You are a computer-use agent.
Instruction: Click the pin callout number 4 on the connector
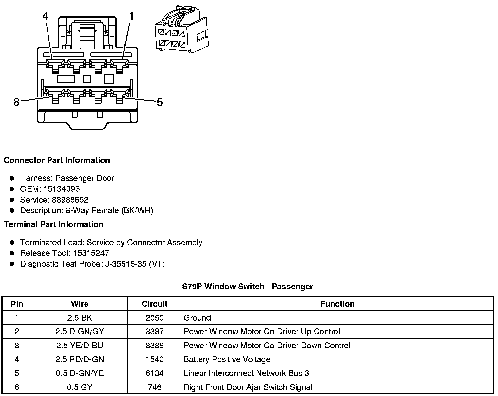[x=45, y=16]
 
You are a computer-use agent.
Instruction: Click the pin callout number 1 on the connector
[x=131, y=16]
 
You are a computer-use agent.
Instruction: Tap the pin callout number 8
[x=16, y=102]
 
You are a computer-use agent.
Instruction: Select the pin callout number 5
[x=160, y=102]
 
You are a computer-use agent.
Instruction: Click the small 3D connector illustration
[x=181, y=29]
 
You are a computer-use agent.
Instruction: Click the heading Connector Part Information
[x=57, y=160]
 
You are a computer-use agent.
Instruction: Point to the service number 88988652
[x=70, y=200]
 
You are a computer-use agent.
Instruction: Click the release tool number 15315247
[x=91, y=253]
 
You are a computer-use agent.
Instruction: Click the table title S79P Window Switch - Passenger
[x=247, y=287]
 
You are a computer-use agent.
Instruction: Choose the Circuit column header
[x=154, y=304]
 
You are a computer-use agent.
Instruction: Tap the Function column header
[x=337, y=304]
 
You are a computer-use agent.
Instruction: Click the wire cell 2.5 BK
[x=80, y=318]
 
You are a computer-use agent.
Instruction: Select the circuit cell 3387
[x=154, y=332]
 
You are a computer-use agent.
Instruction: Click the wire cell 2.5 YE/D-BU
[x=80, y=346]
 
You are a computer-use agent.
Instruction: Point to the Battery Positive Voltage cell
[x=227, y=360]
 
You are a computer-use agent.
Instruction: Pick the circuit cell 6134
[x=154, y=373]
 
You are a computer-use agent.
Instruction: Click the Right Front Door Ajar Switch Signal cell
[x=248, y=387]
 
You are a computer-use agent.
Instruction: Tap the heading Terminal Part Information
[x=53, y=224]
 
